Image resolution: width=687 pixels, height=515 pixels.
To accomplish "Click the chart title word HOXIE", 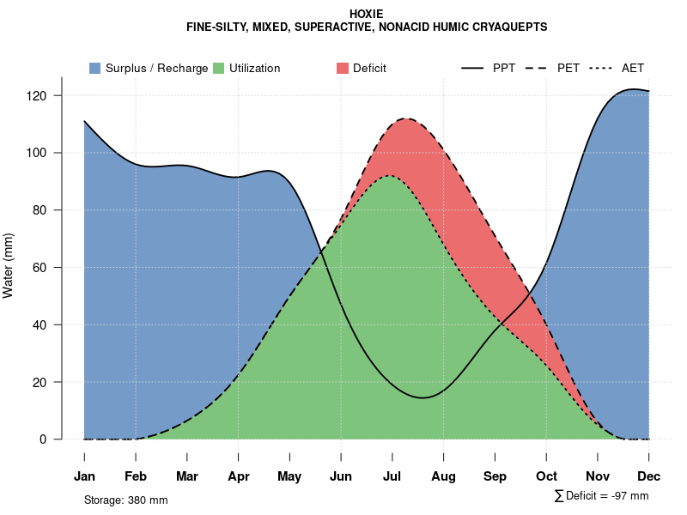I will point(367,14).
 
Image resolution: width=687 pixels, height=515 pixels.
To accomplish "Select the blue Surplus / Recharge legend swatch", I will point(95,68).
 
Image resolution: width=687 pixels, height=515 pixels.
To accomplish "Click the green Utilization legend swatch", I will point(219,68).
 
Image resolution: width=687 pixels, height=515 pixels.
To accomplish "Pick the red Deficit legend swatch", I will point(343,68).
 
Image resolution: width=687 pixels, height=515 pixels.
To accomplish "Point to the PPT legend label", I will point(504,68).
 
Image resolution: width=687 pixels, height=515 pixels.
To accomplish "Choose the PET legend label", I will point(568,68).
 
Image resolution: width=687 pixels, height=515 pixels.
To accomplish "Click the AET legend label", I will point(633,68).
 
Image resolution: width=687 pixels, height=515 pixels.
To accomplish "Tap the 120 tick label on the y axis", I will point(46,95).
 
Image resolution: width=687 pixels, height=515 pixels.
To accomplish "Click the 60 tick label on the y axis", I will point(50,267).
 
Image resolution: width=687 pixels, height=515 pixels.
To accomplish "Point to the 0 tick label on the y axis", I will point(53,439).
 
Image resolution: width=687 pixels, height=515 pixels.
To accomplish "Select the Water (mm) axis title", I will point(9,265).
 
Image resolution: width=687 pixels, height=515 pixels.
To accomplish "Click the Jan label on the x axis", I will point(84,476).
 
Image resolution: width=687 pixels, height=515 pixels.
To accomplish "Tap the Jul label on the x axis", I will point(392,476).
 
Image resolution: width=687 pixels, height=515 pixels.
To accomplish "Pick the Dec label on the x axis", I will point(649,476).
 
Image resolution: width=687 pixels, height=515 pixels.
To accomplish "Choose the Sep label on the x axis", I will point(495,476).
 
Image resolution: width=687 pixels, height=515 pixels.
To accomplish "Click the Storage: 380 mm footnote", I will point(126,500).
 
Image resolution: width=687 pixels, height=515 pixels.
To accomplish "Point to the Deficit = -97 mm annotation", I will point(607,495).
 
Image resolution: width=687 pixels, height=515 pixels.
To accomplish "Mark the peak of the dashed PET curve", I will point(404,118).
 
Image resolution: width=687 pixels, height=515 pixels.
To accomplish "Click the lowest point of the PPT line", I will point(422,397).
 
